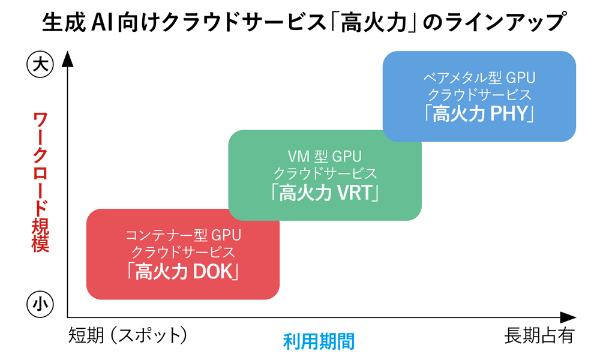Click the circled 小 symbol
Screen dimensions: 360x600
point(39,305)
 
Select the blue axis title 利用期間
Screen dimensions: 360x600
point(319,341)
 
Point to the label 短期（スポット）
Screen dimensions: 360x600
point(128,335)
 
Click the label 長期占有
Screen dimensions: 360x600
point(539,335)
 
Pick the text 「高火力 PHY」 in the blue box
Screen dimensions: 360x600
point(479,113)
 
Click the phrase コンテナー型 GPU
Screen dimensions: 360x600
point(183,235)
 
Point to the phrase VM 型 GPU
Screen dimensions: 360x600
point(325,157)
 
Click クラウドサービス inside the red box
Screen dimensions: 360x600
point(183,252)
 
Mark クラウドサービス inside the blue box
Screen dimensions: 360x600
point(479,95)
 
